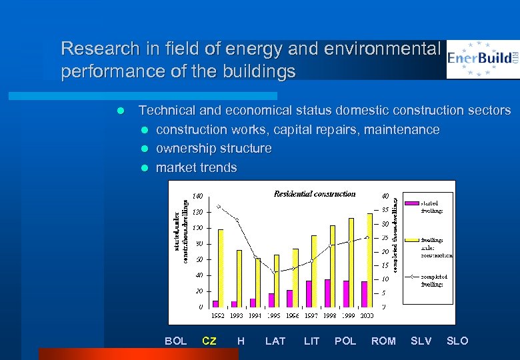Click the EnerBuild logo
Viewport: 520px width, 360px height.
tap(483, 59)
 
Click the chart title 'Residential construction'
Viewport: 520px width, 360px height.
tap(315, 194)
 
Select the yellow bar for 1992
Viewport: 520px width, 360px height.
tap(221, 267)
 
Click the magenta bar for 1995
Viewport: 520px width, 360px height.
tap(271, 299)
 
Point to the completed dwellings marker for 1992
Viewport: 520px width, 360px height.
tap(218, 207)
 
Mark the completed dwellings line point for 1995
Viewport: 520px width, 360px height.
tap(273, 272)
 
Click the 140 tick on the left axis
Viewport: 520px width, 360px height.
tap(198, 196)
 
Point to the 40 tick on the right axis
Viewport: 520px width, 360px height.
tap(385, 196)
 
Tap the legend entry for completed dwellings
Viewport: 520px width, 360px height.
tap(431, 280)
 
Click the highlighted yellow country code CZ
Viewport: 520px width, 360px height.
tap(209, 341)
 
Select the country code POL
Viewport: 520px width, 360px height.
tap(345, 341)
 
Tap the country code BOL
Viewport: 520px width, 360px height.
tap(175, 341)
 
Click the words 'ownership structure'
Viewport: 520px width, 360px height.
tap(213, 148)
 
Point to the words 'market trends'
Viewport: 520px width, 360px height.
tap(196, 167)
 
